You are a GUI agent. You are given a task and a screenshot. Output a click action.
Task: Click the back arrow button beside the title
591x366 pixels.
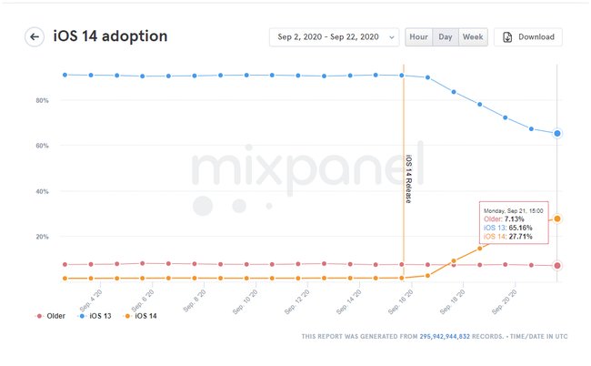coord(35,37)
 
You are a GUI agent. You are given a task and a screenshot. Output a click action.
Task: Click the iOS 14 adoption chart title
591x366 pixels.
coord(110,36)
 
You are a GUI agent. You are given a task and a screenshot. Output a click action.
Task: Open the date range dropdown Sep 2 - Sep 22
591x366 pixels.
coord(334,37)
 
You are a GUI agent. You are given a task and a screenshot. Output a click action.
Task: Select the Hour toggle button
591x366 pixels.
coord(418,37)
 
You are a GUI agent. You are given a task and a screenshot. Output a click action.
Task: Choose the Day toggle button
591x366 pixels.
coord(446,37)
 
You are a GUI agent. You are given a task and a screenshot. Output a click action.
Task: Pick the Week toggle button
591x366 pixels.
coord(473,37)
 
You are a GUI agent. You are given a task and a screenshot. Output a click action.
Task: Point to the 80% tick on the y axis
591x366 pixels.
coord(41,100)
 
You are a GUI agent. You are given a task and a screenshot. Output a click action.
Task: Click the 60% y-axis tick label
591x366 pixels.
coord(41,146)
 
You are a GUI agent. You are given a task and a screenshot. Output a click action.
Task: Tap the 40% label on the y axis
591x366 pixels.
coord(41,191)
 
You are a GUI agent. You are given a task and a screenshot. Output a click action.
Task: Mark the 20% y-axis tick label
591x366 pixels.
coord(41,237)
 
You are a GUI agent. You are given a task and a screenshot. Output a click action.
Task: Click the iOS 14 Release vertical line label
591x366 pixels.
coord(408,179)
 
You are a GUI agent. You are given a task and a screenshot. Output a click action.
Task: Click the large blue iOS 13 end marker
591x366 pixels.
coord(557,133)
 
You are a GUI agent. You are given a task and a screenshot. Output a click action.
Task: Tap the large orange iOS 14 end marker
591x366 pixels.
coord(557,219)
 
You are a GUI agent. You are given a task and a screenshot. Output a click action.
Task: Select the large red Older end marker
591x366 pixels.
coord(557,266)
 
